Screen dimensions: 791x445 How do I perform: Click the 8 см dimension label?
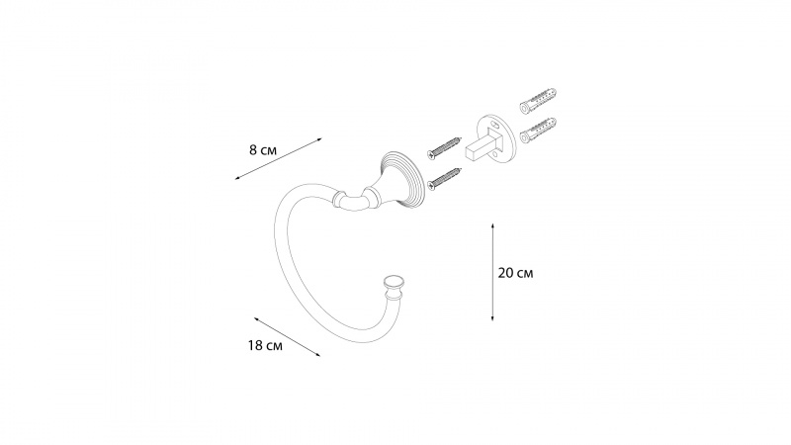coord(263,150)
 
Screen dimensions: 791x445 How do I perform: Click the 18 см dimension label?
coord(265,345)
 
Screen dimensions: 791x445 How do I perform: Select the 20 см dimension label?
coord(515,273)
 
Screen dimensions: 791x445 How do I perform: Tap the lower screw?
coord(444,179)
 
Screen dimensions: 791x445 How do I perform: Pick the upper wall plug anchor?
coord(538,101)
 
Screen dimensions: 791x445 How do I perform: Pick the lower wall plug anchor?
coord(538,130)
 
